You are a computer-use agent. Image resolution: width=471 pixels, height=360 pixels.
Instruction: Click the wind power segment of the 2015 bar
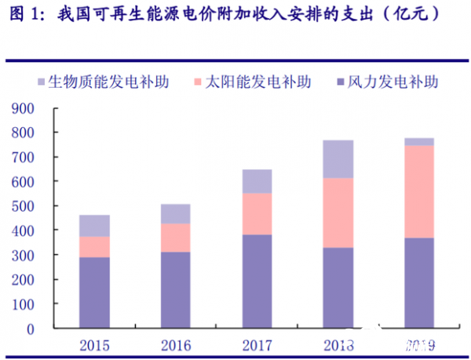(x=94, y=292)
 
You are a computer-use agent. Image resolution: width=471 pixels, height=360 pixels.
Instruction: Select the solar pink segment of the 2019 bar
(x=419, y=191)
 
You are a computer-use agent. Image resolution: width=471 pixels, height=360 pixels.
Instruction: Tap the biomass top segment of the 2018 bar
(x=338, y=158)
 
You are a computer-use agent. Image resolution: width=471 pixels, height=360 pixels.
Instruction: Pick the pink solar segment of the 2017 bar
(x=257, y=213)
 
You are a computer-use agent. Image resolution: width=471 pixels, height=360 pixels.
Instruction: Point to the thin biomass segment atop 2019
(x=419, y=141)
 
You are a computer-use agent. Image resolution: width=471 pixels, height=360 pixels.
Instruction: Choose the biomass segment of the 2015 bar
(x=94, y=225)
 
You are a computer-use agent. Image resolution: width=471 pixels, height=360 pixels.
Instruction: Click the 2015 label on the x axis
(x=94, y=345)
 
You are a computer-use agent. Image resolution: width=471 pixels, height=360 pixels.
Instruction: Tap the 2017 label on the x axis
(x=257, y=345)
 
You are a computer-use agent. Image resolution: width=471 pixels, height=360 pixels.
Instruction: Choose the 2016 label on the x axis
(x=175, y=345)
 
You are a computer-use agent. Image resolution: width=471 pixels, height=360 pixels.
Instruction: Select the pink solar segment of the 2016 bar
(x=175, y=238)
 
